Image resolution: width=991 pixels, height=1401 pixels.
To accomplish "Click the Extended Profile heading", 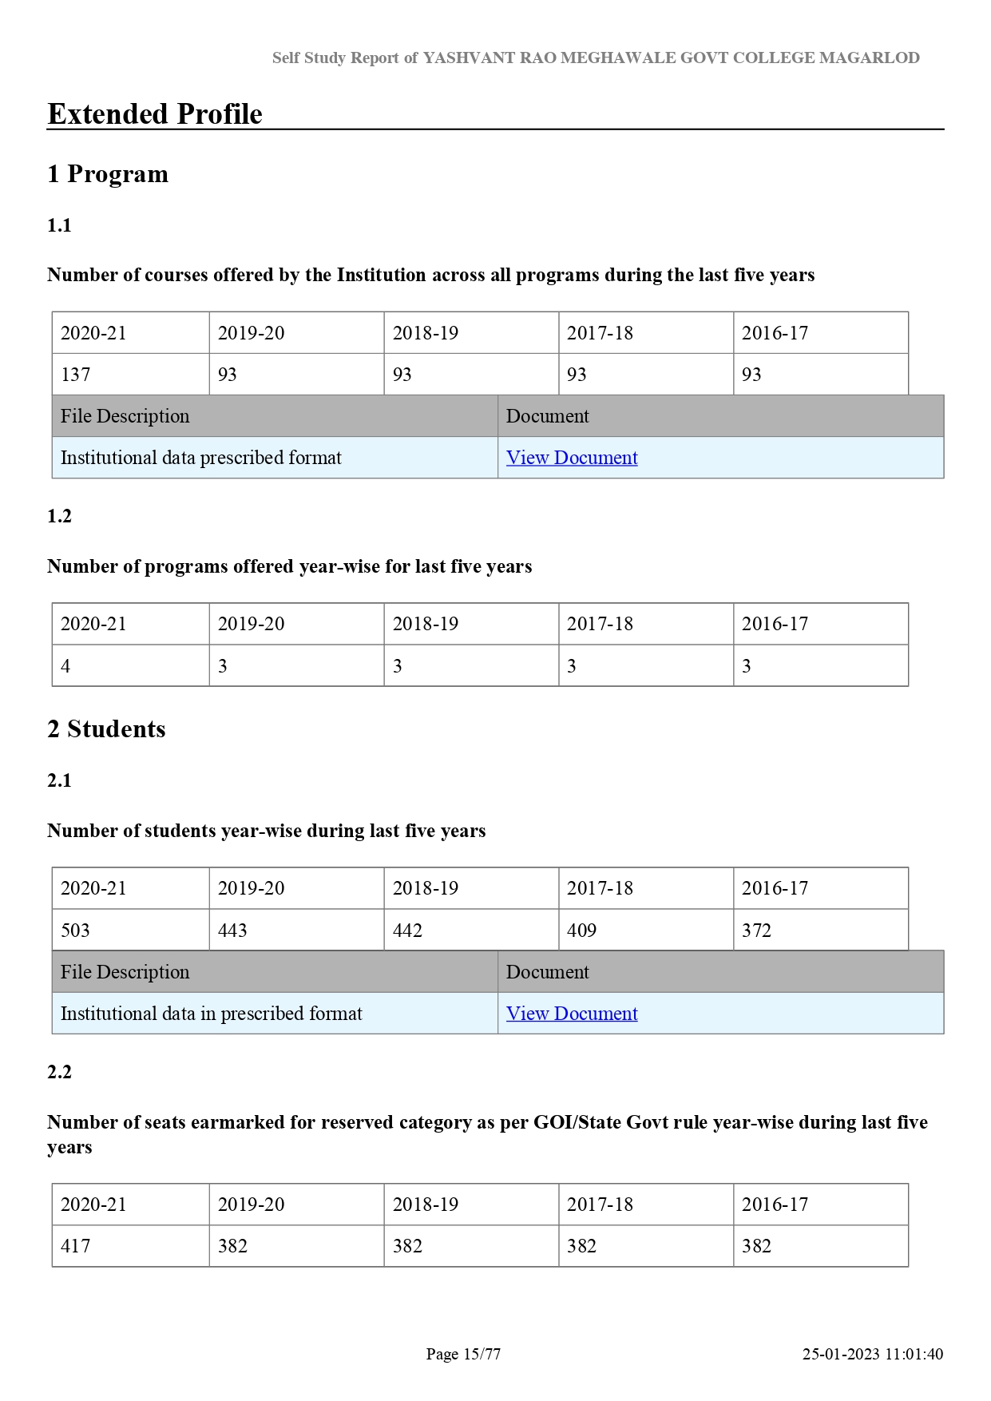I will tap(155, 114).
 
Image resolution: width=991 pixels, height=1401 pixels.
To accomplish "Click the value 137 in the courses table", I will tap(76, 375).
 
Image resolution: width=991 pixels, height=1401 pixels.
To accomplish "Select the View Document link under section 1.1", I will tap(572, 458).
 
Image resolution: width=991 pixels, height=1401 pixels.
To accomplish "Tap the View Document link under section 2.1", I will tap(572, 1014).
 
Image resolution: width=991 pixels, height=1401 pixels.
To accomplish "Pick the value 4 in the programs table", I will tap(65, 666).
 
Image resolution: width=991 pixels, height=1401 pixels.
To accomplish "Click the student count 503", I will tap(76, 931).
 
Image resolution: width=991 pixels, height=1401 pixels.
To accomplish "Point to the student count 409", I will tap(582, 931).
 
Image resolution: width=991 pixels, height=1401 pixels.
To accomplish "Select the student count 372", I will tap(756, 931).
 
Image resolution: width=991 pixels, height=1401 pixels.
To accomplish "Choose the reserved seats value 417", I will tap(76, 1246).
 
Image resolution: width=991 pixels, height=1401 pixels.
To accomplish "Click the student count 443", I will tap(232, 931).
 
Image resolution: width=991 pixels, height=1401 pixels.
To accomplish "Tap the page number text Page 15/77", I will tap(463, 1354).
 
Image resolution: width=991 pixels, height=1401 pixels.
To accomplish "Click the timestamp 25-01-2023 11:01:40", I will tap(873, 1354).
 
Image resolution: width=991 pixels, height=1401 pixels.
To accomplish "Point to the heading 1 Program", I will tap(108, 174).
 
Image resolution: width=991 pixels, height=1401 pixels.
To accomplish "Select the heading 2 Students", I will tap(106, 729).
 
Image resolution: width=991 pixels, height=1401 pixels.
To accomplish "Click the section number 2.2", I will tap(60, 1072).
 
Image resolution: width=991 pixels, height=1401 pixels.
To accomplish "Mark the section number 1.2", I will tap(60, 516).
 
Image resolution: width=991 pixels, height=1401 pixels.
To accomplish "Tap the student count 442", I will tap(407, 931).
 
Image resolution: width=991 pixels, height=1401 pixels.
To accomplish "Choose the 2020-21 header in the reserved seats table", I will tap(93, 1205).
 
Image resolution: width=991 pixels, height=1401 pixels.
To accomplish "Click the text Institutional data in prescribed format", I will tap(212, 1014).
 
